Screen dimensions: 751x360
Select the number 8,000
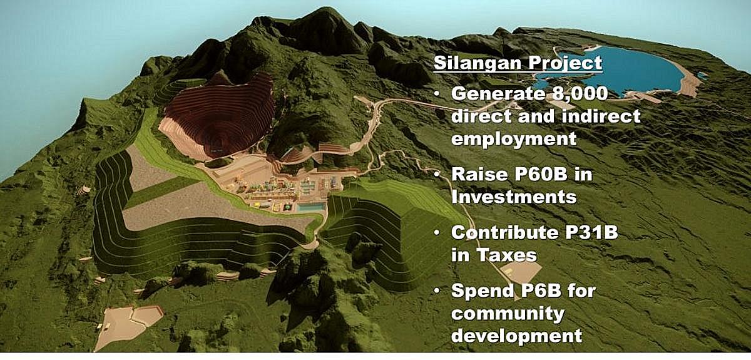point(580,94)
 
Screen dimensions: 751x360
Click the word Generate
point(499,94)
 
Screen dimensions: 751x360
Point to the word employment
point(514,139)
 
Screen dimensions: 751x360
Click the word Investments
point(514,197)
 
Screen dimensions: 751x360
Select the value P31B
point(591,233)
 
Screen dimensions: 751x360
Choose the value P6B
point(541,291)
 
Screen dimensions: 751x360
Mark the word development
point(516,336)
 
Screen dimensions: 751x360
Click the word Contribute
point(505,233)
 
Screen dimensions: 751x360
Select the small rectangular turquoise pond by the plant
point(311,207)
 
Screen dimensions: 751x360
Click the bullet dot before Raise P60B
point(437,175)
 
